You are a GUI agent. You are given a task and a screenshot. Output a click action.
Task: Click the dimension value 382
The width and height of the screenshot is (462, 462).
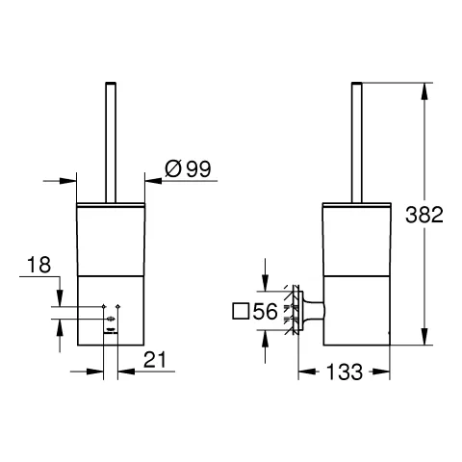424,215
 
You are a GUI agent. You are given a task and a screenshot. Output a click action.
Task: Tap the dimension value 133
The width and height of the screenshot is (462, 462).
345,372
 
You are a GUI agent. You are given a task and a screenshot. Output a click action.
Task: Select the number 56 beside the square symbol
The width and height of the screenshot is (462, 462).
265,312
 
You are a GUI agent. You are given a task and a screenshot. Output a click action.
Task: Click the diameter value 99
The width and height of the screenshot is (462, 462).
199,168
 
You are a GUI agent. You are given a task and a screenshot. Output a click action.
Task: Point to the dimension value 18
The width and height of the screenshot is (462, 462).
38,265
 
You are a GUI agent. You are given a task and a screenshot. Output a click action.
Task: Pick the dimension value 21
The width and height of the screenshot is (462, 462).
155,360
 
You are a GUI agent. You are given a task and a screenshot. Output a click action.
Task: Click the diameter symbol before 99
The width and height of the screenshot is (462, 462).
173,169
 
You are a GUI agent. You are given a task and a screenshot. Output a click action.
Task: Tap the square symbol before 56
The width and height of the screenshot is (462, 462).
241,311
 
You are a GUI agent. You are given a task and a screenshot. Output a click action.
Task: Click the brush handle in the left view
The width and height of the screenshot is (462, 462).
111,142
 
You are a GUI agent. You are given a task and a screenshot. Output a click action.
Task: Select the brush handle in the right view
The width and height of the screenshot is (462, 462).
357,142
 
